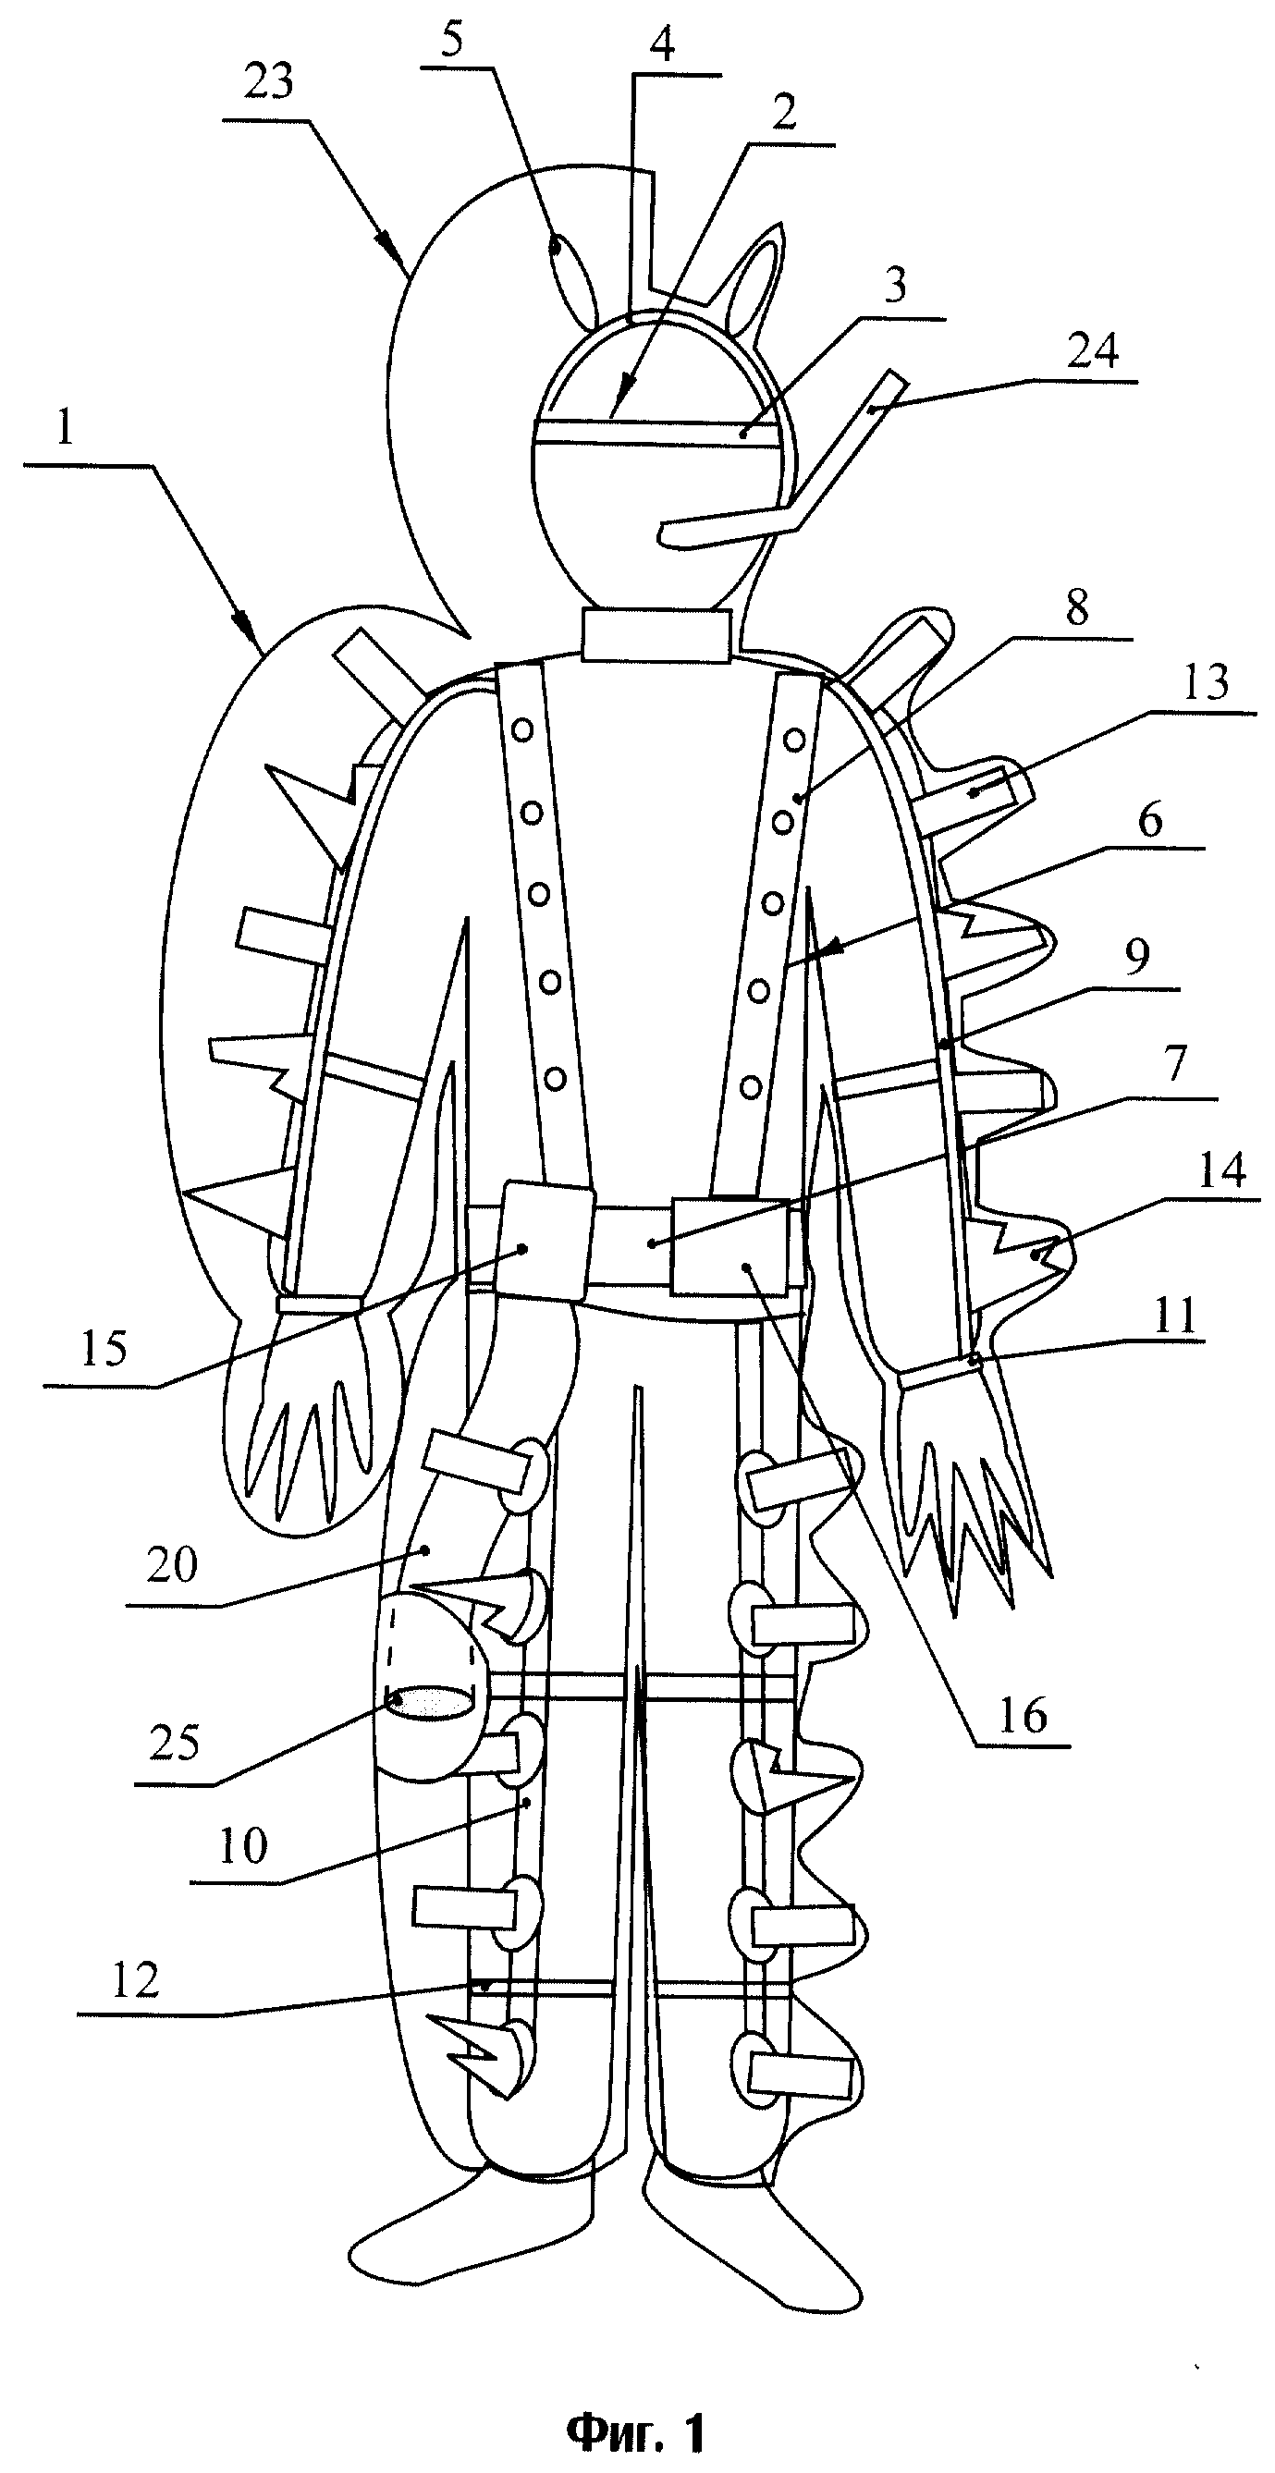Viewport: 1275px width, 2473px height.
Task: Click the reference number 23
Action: (x=268, y=82)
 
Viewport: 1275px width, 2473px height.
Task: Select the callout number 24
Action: (x=1094, y=351)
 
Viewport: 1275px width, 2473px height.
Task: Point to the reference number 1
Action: (x=65, y=427)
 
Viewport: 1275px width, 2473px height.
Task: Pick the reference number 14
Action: (x=1222, y=1170)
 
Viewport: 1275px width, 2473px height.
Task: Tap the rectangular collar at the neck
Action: (x=656, y=635)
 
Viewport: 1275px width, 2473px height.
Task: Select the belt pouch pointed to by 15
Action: (x=546, y=1241)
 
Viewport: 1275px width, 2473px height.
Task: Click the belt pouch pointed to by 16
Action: (x=729, y=1245)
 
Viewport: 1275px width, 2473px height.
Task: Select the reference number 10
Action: (x=243, y=1846)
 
